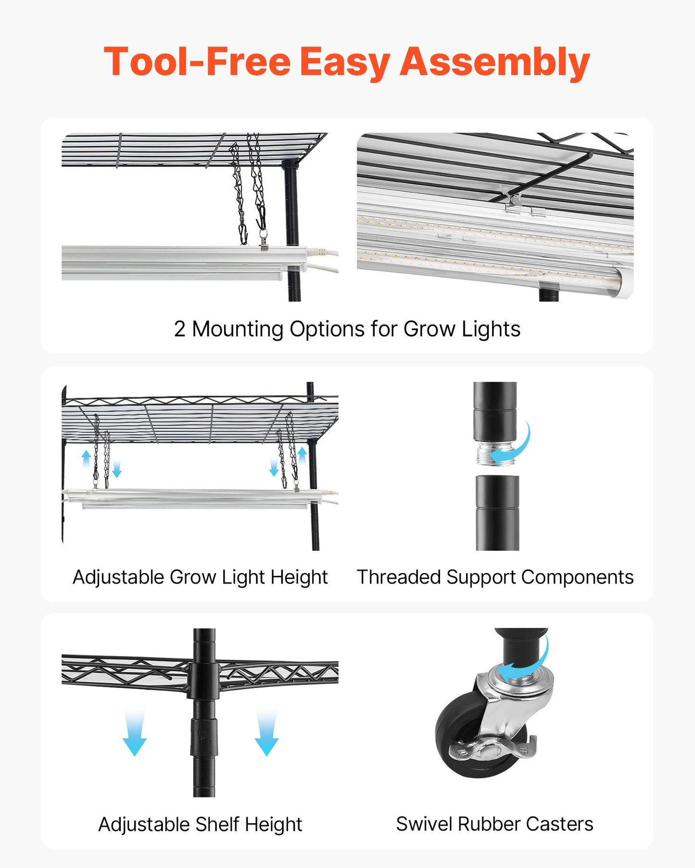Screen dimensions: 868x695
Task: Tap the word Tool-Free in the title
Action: [x=197, y=62]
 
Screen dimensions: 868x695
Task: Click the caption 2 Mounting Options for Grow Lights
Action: [x=347, y=329]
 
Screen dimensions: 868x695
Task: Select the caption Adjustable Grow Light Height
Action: [x=200, y=577]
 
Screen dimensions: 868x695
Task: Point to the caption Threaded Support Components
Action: [x=495, y=577]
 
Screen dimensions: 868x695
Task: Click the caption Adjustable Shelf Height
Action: [x=200, y=824]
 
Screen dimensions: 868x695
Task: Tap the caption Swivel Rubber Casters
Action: [x=494, y=824]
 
